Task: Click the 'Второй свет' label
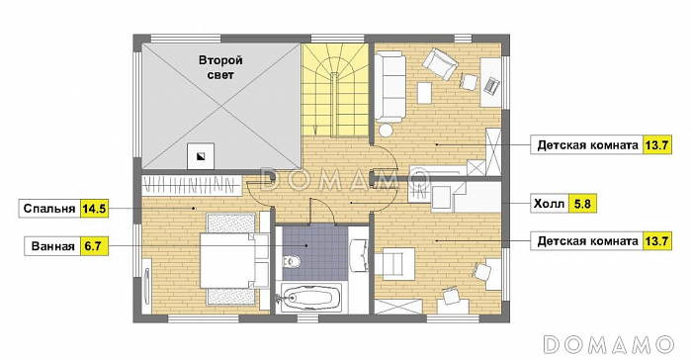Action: tap(220, 67)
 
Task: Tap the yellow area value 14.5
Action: tap(94, 209)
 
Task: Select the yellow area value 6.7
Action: tap(94, 246)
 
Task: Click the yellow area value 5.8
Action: tap(582, 204)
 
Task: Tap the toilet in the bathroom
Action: tap(291, 261)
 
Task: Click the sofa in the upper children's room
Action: tap(390, 86)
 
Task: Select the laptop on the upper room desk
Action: tap(491, 84)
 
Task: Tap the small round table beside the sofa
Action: tap(387, 131)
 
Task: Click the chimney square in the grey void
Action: tap(201, 156)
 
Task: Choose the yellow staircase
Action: tap(335, 90)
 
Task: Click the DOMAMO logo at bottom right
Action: tap(609, 344)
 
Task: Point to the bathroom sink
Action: tap(358, 255)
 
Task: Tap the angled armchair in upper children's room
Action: tap(440, 64)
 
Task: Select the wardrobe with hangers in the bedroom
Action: tap(192, 186)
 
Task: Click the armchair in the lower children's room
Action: tap(395, 264)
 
